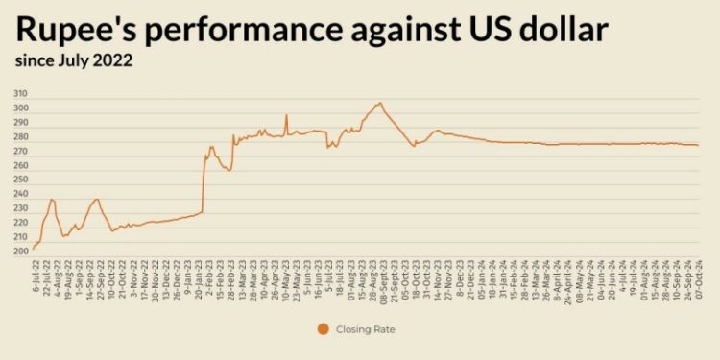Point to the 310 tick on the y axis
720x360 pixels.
click(x=21, y=94)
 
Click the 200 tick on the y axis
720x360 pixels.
click(x=21, y=252)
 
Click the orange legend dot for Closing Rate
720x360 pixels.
click(x=323, y=329)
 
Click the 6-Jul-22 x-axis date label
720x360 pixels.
click(x=35, y=276)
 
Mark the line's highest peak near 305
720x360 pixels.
click(x=379, y=103)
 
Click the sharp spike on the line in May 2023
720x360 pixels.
click(x=286, y=116)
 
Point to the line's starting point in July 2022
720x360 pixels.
click(x=34, y=249)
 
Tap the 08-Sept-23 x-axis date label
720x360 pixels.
click(x=384, y=277)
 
